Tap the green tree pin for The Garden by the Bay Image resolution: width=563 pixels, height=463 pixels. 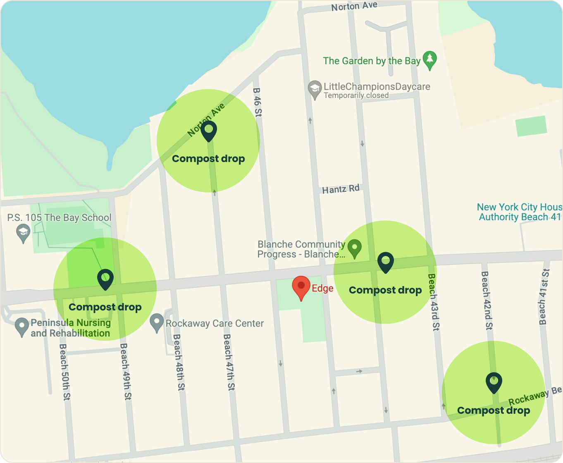[430, 60]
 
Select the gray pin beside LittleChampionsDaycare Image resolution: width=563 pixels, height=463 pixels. [315, 89]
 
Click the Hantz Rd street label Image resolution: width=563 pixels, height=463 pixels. [341, 189]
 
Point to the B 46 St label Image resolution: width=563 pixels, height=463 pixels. [257, 102]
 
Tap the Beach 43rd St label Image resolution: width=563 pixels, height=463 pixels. [434, 302]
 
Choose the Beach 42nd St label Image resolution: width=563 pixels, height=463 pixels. [487, 300]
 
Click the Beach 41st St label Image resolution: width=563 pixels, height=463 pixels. [544, 296]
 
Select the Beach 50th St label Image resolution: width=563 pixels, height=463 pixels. [65, 372]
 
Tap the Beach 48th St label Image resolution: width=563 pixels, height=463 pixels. [179, 362]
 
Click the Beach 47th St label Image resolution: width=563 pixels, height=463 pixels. [229, 362]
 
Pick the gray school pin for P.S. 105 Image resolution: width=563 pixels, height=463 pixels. [23, 233]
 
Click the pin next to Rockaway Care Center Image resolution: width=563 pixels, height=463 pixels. [157, 322]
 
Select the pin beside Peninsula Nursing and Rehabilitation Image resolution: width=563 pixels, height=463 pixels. [21, 327]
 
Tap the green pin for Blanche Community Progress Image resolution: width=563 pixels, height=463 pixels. [354, 248]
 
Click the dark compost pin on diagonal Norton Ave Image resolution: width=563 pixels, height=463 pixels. [209, 130]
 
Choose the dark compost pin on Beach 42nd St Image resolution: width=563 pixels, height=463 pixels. [494, 382]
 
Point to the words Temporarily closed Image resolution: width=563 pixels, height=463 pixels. [356, 95]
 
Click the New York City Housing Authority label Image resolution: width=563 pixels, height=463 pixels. [519, 212]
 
